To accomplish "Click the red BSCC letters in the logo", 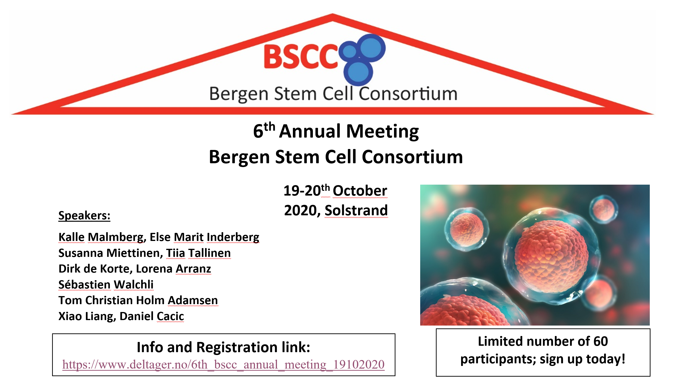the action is pos(301,57).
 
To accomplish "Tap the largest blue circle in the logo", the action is pos(371,48).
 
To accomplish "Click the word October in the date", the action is pos(360,191).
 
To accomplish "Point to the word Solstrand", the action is pos(356,210).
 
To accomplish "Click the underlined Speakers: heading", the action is pos(84,215).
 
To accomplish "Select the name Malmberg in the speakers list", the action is pos(116,237).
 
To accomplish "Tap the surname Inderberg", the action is pos(233,237).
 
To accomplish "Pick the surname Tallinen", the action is pos(209,253).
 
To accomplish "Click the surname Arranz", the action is pos(193,269).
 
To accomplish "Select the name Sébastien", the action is pos(84,284).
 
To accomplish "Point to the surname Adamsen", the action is pos(192,300).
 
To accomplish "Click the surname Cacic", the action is pos(170,316).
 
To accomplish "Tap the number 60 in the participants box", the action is pos(600,341).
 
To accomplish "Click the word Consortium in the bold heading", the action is pos(412,157).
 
